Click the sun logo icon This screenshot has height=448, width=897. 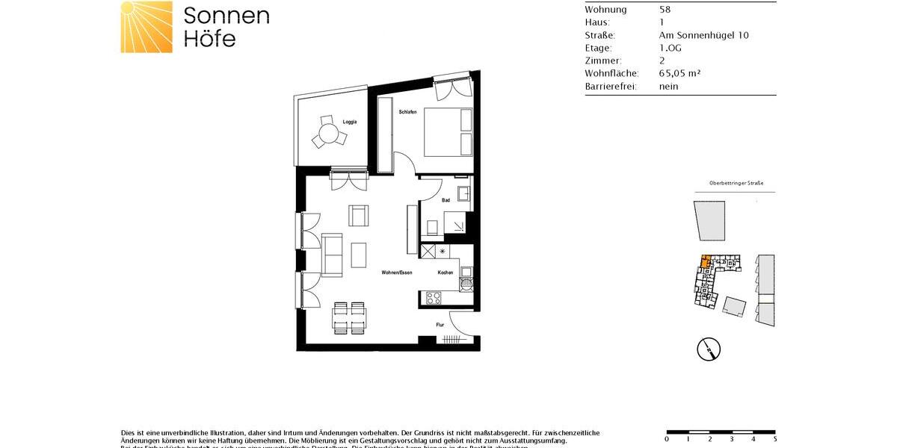147,27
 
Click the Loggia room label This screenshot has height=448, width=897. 350,122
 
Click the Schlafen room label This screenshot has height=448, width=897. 407,111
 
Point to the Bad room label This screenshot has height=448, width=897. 446,200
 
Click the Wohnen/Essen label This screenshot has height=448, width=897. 397,273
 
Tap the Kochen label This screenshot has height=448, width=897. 446,273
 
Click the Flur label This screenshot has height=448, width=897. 440,325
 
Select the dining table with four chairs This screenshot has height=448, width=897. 349,318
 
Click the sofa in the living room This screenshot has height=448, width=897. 332,253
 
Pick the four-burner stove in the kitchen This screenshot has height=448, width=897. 434,297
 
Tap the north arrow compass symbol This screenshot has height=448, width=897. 707,348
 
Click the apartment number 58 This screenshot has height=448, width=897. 665,10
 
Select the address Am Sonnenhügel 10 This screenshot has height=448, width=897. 703,35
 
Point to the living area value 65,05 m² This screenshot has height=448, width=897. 679,73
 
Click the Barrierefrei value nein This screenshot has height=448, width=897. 668,87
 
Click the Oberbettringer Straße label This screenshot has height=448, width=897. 736,184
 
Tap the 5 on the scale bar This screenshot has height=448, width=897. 776,439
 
